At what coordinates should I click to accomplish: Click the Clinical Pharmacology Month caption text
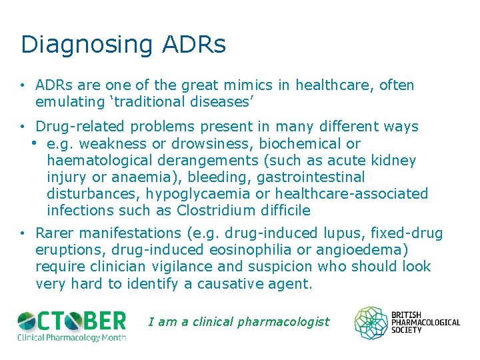point(71,337)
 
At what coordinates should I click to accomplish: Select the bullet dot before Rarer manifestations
point(23,233)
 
